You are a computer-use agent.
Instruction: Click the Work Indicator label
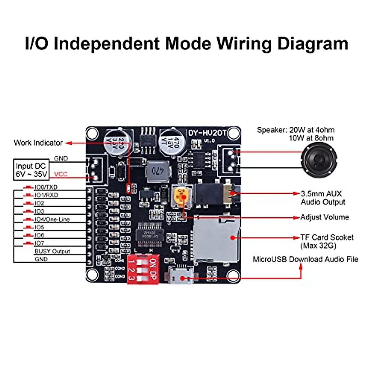coord(38,143)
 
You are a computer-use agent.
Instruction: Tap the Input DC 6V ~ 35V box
coord(31,170)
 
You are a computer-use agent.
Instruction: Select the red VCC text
coord(61,174)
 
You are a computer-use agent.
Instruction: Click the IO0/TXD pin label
coord(46,187)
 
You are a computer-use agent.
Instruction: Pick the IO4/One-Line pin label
coord(52,219)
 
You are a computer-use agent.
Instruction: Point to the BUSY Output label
coord(52,251)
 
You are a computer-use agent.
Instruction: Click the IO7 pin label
coord(39,243)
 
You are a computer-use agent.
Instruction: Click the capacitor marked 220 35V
coord(118,141)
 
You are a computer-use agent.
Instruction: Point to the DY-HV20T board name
coord(207,133)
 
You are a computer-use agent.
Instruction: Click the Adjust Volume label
coord(325,217)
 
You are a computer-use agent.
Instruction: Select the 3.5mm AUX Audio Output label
coord(323,198)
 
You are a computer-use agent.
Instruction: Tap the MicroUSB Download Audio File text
coord(305,259)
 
